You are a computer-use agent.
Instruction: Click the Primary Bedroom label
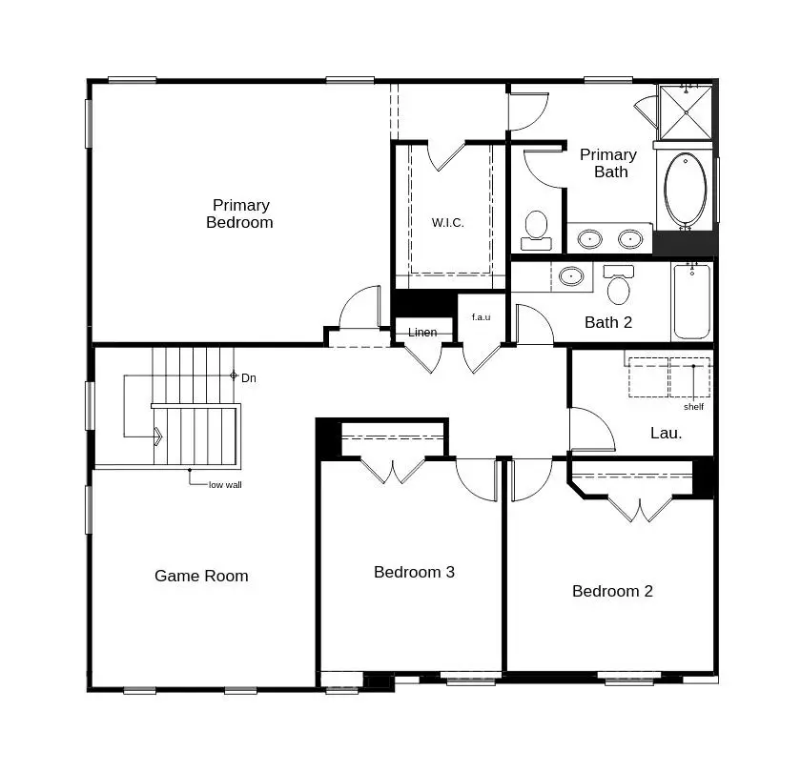point(239,213)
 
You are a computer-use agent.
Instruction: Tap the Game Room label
point(201,576)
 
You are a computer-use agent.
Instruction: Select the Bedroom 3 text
point(414,572)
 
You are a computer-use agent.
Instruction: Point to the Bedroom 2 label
point(612,591)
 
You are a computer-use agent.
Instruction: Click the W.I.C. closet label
point(448,223)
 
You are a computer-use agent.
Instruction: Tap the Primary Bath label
point(608,163)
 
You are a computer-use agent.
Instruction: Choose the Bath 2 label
point(608,323)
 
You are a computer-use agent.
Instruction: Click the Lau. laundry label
point(667,434)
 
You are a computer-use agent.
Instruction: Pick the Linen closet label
point(422,333)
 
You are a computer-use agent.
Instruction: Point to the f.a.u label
point(482,317)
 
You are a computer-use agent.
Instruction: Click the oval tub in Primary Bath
point(686,190)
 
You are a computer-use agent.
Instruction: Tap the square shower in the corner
point(686,112)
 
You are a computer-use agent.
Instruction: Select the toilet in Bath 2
point(619,284)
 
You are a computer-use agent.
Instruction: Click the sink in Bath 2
point(571,276)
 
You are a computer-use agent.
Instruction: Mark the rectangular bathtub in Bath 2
point(691,301)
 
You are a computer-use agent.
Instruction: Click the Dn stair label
point(249,378)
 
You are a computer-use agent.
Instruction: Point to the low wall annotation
point(225,485)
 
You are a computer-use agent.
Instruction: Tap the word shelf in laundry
point(694,407)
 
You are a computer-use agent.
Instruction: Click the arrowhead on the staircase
point(158,436)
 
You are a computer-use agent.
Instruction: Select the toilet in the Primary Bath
point(536,231)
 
